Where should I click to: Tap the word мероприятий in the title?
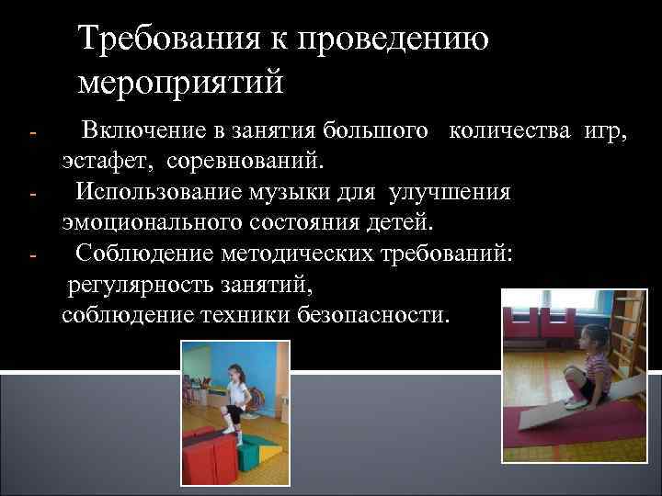[x=182, y=83]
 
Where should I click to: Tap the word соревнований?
[x=245, y=163]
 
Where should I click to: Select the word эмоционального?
[x=147, y=223]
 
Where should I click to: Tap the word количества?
[x=512, y=132]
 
